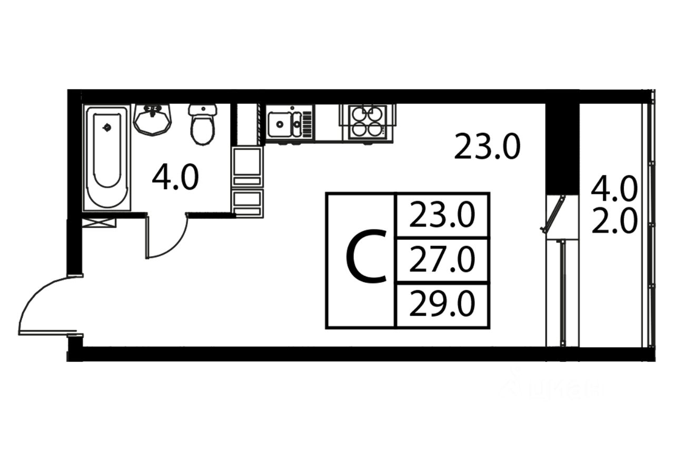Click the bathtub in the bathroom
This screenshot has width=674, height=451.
click(107, 158)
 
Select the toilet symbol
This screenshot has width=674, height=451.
click(203, 126)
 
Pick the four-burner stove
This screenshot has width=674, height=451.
click(367, 122)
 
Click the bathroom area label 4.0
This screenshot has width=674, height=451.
click(175, 177)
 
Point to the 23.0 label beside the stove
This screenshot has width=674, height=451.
click(487, 146)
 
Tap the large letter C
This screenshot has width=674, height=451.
click(366, 258)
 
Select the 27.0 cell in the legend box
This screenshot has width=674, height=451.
click(442, 260)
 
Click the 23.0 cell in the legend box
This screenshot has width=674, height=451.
click(442, 215)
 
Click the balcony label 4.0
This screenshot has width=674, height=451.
click(614, 188)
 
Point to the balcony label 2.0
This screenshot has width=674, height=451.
click(614, 223)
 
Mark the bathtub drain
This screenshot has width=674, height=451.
click(107, 127)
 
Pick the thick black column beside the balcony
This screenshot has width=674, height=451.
click(562, 148)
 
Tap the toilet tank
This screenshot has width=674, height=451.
click(203, 110)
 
